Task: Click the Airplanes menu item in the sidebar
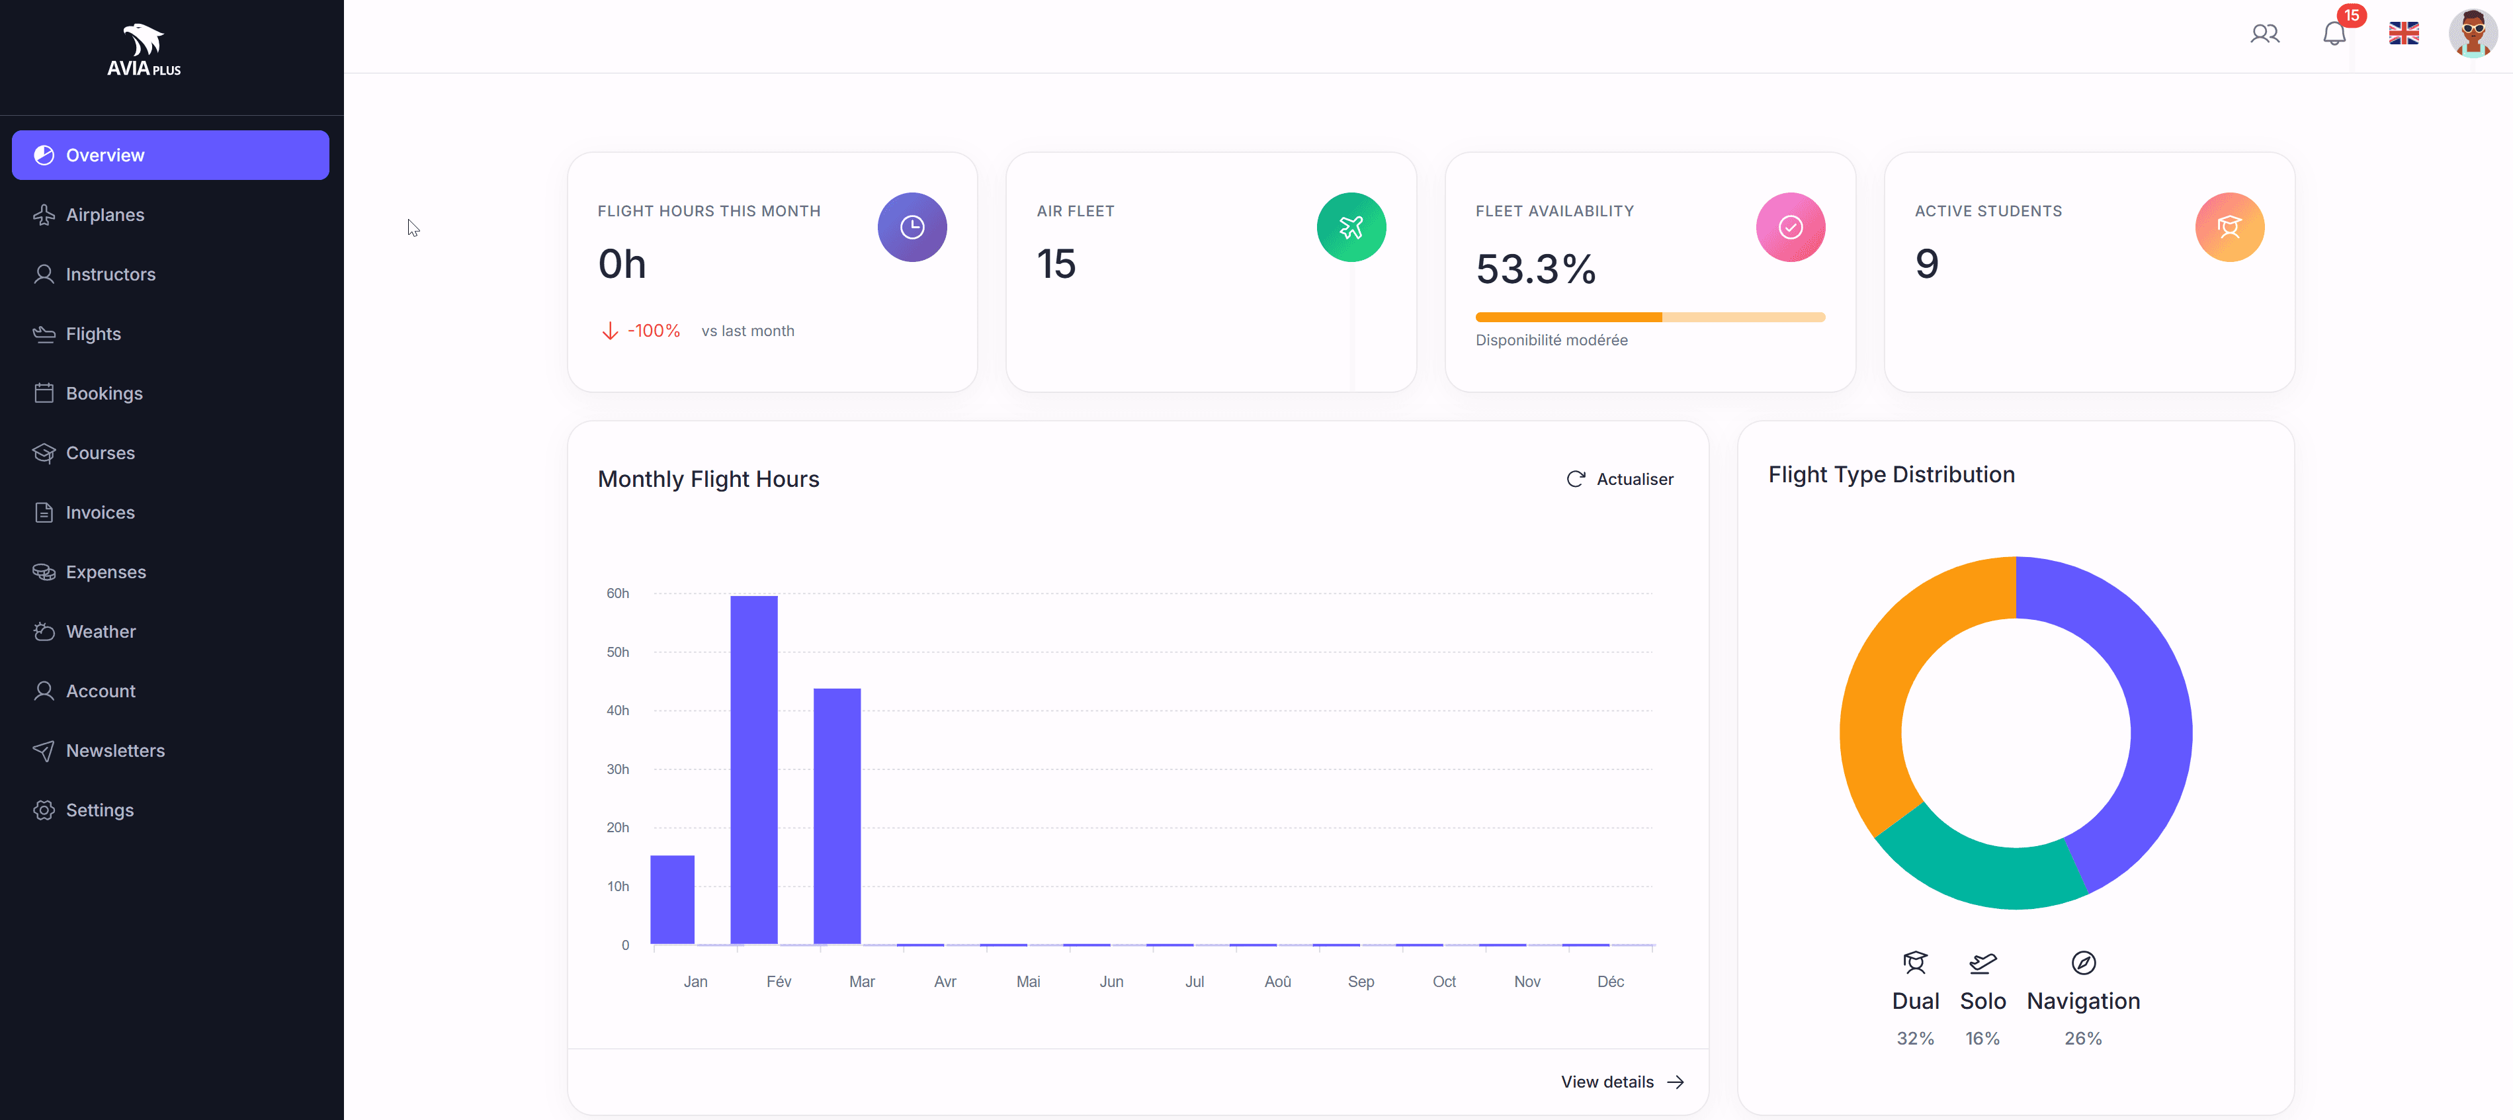coord(105,214)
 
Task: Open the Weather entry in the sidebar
coord(101,631)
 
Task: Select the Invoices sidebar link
coord(99,512)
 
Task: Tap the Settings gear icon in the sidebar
coord(44,810)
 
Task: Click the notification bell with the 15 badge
coord(2334,34)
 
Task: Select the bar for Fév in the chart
coord(753,770)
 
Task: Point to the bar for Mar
coord(837,816)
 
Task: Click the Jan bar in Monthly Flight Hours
coord(672,900)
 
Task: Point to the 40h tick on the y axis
coord(618,711)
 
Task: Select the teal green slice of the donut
coord(1981,873)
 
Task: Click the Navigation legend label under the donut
coord(2083,1001)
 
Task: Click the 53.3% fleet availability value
coord(1535,269)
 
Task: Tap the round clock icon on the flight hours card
coord(911,228)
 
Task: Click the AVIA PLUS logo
coord(144,51)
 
